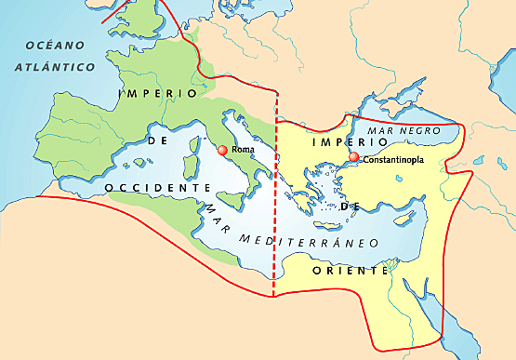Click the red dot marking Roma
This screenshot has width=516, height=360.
click(221, 150)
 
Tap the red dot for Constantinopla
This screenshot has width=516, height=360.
click(352, 157)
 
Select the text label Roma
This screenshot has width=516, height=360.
click(243, 150)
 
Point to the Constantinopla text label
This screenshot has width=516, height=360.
click(393, 159)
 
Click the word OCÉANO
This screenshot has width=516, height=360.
click(54, 46)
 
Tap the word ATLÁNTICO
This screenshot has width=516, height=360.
click(56, 67)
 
